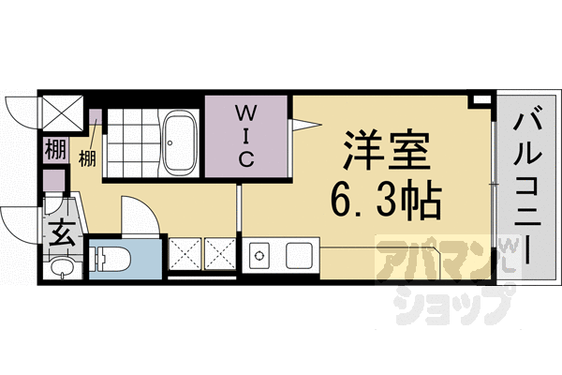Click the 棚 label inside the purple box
tap(53, 148)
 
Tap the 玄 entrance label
tap(58, 228)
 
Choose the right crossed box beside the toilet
tap(220, 253)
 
